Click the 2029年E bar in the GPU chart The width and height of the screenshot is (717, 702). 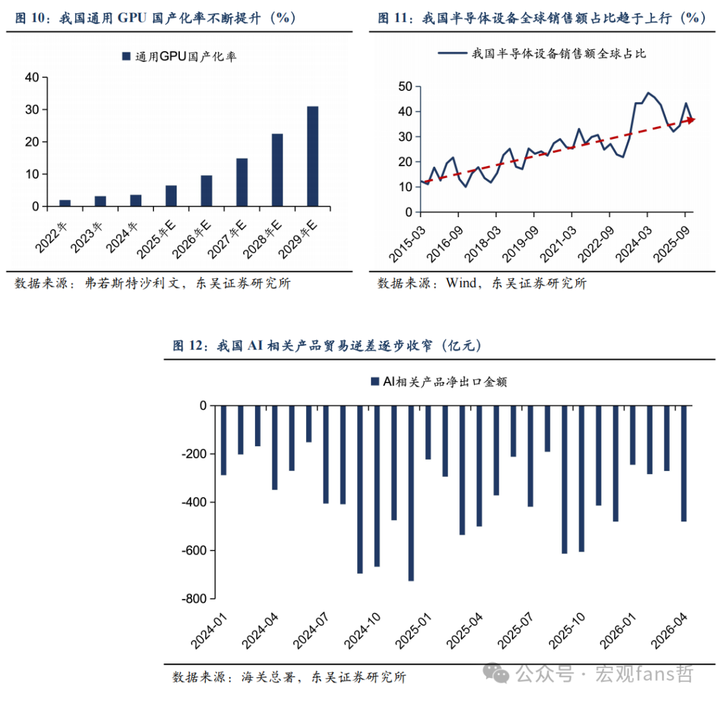pyautogui.click(x=313, y=157)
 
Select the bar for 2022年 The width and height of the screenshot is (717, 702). pyautogui.click(x=65, y=203)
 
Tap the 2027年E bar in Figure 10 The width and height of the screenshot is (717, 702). pyautogui.click(x=242, y=183)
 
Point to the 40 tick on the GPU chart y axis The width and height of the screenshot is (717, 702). pyautogui.click(x=32, y=77)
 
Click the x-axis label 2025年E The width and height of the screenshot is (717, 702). pyautogui.click(x=157, y=239)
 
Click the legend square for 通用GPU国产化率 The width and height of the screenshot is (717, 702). pyautogui.click(x=126, y=56)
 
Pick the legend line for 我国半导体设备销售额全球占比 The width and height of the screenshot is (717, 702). pyautogui.click(x=452, y=54)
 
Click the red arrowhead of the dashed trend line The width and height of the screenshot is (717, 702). pyautogui.click(x=690, y=120)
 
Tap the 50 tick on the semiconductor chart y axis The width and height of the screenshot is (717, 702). pyautogui.click(x=405, y=86)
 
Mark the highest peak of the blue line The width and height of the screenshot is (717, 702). pyautogui.click(x=648, y=93)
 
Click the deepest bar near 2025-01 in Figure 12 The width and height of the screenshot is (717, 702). pyautogui.click(x=411, y=493)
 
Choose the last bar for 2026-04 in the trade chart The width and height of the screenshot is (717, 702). pyautogui.click(x=684, y=464)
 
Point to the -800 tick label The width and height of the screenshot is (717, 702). pyautogui.click(x=195, y=598)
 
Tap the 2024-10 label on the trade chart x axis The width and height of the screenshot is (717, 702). pyautogui.click(x=362, y=631)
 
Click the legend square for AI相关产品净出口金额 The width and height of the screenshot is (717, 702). pyautogui.click(x=375, y=381)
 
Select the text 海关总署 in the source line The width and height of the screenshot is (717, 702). pyautogui.click(x=268, y=677)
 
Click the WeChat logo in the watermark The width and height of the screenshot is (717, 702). pyautogui.click(x=496, y=673)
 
